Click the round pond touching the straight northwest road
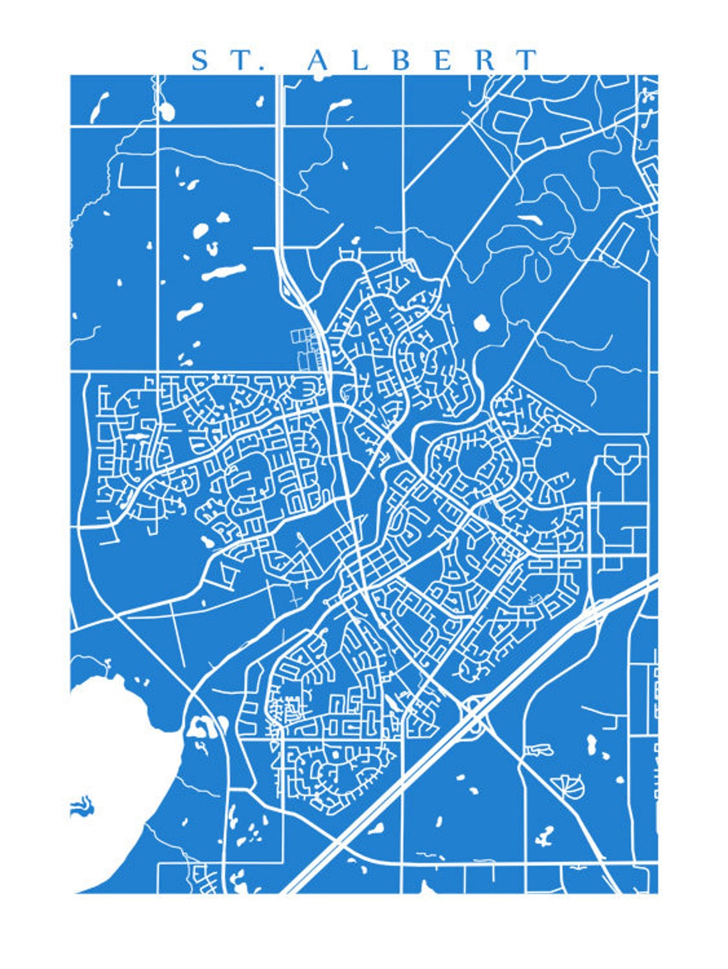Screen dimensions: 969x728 tap(167, 112)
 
